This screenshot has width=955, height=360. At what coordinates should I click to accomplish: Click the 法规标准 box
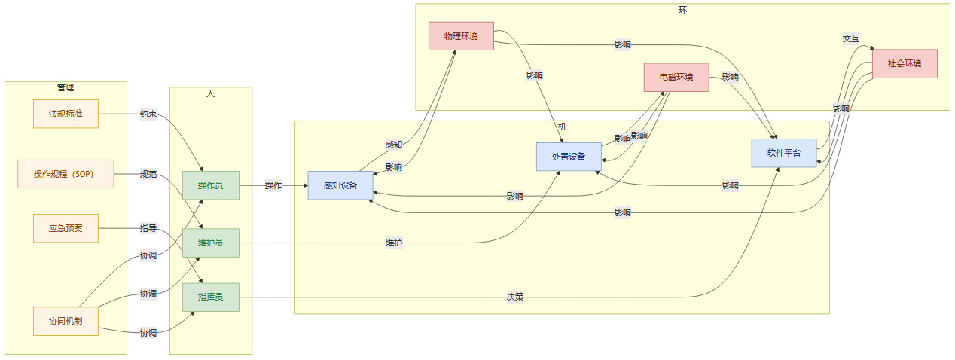pos(66,114)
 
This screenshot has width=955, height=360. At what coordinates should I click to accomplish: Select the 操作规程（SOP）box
pos(66,174)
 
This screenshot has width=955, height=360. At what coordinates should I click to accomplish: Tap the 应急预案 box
pos(66,228)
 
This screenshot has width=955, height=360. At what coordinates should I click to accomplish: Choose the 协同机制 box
pos(66,321)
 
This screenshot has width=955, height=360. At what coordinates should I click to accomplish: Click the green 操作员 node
pos(210,185)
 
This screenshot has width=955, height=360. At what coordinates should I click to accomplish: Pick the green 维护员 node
pos(210,243)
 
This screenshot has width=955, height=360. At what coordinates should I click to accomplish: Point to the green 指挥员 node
pos(210,297)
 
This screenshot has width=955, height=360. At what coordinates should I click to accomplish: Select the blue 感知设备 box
pos(340,185)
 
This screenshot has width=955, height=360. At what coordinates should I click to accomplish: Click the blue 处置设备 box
pos(569,157)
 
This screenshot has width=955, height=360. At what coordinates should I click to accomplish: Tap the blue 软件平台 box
pos(784,153)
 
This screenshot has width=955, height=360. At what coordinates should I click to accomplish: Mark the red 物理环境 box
pos(461,36)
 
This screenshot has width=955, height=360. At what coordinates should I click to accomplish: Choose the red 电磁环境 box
pos(676,77)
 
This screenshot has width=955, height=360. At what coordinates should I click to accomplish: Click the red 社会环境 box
pos(905,63)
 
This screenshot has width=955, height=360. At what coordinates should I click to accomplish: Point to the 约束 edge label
pos(148,114)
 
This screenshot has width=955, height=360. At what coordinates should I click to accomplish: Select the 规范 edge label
pos(148,174)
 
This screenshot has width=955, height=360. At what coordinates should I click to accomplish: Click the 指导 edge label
pos(148,228)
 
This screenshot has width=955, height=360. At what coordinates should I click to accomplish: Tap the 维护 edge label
pos(393,243)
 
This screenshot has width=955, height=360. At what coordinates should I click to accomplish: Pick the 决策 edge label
pos(515,297)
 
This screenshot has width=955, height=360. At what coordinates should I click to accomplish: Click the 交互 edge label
pos(851,38)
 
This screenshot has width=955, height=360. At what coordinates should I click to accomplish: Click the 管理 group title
pos(66,87)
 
